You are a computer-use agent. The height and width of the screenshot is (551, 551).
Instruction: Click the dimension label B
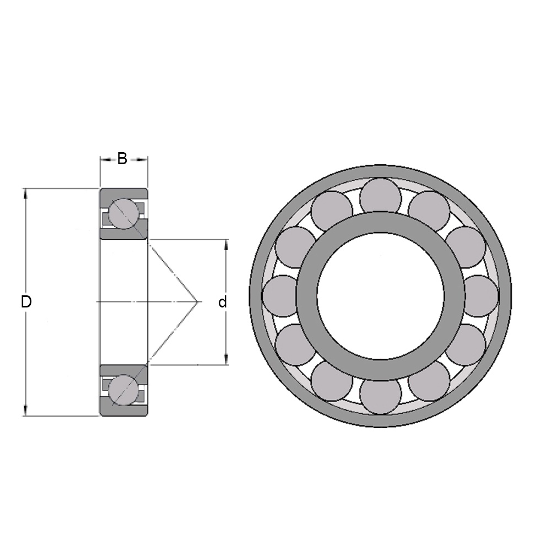coord(122,159)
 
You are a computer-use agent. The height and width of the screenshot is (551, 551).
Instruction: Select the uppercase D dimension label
coord(26,302)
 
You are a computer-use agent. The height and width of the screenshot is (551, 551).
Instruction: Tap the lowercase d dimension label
coord(223,302)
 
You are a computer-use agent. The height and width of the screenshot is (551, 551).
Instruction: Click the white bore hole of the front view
coord(380,296)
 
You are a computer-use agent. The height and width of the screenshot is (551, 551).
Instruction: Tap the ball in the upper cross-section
coord(123,213)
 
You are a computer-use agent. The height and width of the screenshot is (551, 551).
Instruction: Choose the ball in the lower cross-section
coord(123,390)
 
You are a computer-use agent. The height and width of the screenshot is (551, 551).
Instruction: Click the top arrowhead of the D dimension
coord(25,192)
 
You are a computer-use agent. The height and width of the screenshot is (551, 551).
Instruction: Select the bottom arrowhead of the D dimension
coord(25,412)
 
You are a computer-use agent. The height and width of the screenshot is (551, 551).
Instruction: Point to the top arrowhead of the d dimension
coord(225,244)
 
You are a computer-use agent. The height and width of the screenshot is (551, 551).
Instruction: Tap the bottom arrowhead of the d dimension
coord(225,361)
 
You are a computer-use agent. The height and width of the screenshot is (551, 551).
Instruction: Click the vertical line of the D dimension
coord(25,248)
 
